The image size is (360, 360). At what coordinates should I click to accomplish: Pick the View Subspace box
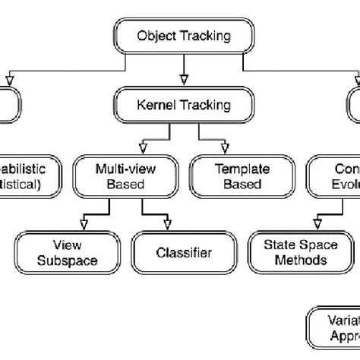coord(67,253)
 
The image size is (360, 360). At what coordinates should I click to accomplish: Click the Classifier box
coord(184,253)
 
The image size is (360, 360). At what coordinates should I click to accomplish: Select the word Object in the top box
coord(156,35)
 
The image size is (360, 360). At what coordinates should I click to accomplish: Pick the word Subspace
coord(67,260)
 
